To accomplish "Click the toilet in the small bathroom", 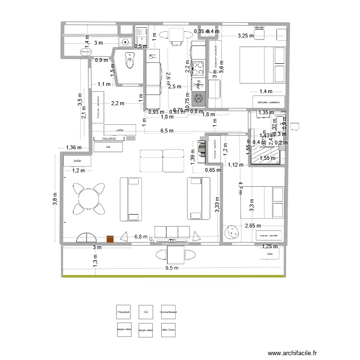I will tap(130, 60).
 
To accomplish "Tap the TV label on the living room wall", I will tap(171, 240).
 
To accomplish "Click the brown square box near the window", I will tap(110, 239).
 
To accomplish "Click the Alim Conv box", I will tap(168, 330).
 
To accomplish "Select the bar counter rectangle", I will tap(108, 147).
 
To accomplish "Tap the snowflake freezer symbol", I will tap(198, 99).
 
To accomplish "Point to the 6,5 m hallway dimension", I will tap(167, 131).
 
